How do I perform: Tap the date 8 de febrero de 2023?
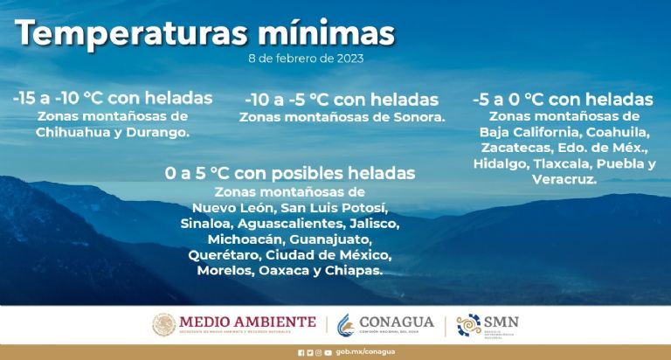pyautogui.click(x=305, y=59)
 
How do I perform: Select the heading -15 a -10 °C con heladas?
pyautogui.click(x=113, y=97)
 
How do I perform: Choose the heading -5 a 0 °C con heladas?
pyautogui.click(x=563, y=99)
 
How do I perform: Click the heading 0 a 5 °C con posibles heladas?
pyautogui.click(x=289, y=173)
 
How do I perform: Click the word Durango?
pyautogui.click(x=159, y=133)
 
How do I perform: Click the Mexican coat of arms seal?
pyautogui.click(x=164, y=324)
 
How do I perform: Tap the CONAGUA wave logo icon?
pyautogui.click(x=348, y=324)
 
